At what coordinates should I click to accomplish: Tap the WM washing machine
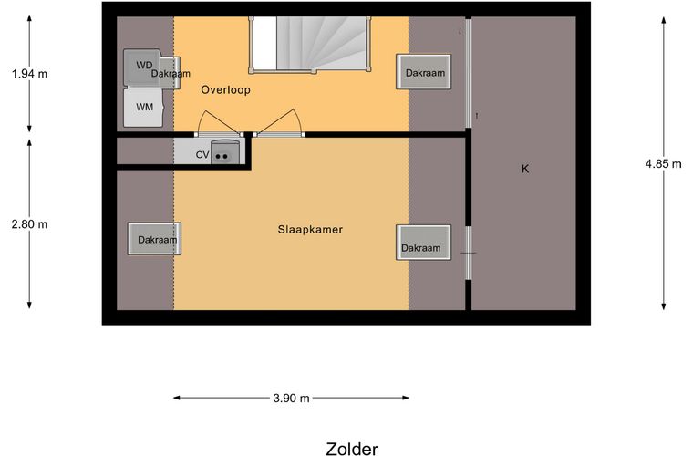(144, 107)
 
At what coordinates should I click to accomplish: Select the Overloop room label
(225, 90)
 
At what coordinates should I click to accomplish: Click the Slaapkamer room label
(310, 230)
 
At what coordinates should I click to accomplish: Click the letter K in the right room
(525, 169)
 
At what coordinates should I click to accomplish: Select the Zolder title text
(351, 448)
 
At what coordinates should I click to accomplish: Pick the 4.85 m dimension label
(663, 164)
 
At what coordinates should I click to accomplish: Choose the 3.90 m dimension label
(291, 399)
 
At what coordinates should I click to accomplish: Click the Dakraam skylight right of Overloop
(424, 72)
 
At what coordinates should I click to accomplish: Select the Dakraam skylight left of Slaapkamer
(155, 240)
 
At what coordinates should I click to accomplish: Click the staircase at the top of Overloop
(310, 44)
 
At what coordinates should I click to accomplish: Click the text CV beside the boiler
(202, 155)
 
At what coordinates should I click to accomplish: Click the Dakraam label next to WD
(171, 73)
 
